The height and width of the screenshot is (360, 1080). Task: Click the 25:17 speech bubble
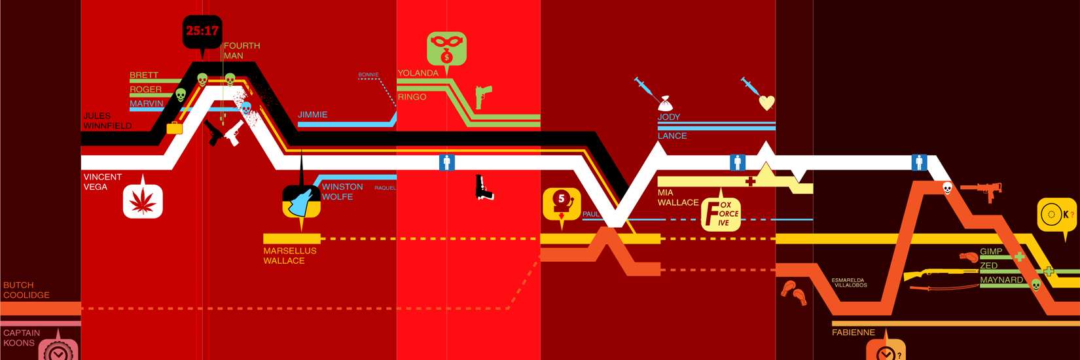202,32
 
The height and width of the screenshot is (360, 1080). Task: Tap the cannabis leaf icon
143,201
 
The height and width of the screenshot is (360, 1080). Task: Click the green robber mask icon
446,48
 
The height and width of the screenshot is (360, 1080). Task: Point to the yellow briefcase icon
175,128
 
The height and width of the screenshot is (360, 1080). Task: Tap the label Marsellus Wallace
290,256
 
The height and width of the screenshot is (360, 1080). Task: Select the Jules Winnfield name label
107,121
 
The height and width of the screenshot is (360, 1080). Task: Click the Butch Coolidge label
27,290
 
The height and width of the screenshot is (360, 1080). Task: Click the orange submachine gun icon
982,190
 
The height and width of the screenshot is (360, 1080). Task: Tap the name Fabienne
854,333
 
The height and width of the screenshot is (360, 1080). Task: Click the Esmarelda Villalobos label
848,283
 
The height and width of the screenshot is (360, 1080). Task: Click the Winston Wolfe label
342,192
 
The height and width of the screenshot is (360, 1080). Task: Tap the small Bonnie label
369,75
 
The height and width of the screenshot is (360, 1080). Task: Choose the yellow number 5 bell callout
562,204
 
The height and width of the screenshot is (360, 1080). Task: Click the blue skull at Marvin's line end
246,109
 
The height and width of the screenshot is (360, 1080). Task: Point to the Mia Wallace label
678,198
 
